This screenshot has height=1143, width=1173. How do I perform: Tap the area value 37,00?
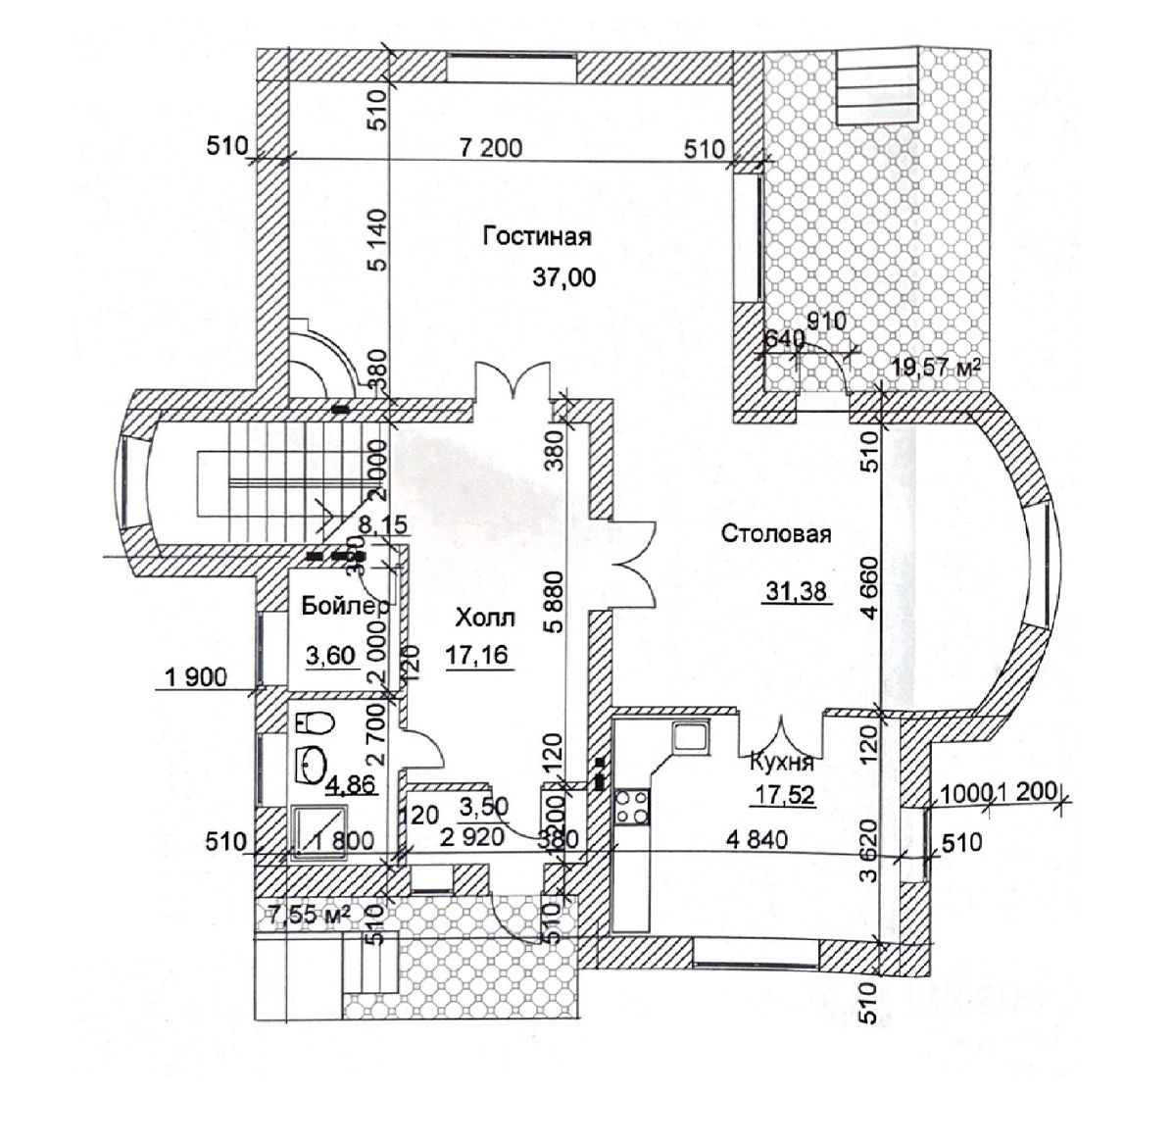click(x=562, y=277)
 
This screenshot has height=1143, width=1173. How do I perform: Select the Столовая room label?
click(x=776, y=534)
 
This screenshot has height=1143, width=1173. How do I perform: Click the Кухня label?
click(x=781, y=762)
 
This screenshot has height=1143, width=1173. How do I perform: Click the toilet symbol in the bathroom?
click(x=315, y=723)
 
